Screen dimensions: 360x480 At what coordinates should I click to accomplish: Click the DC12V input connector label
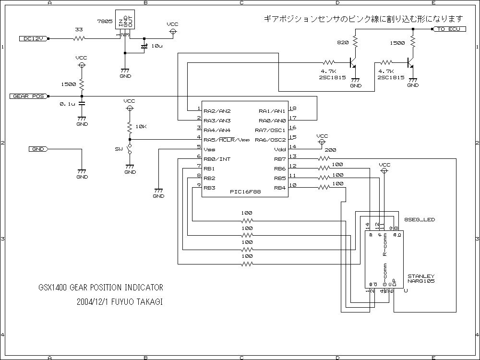(34, 38)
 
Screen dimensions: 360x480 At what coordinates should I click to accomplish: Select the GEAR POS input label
(28, 96)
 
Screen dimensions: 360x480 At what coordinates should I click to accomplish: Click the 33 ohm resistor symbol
(79, 38)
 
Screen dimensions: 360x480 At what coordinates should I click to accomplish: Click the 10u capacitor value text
(157, 46)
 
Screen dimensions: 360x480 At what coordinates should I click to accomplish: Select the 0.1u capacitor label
(68, 104)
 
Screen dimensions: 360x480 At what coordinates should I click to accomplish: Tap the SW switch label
(119, 149)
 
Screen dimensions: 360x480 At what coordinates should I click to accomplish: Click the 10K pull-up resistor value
(141, 127)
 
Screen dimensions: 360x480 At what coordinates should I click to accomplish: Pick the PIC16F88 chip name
(245, 192)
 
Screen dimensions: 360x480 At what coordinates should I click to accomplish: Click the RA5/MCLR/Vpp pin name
(227, 140)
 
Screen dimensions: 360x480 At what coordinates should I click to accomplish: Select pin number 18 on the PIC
(292, 108)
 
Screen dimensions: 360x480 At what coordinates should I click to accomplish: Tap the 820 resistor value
(343, 43)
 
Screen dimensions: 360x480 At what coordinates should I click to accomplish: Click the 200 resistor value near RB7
(331, 150)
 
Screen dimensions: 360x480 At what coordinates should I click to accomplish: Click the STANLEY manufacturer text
(421, 276)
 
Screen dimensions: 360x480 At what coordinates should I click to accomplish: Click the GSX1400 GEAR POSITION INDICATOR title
(101, 288)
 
